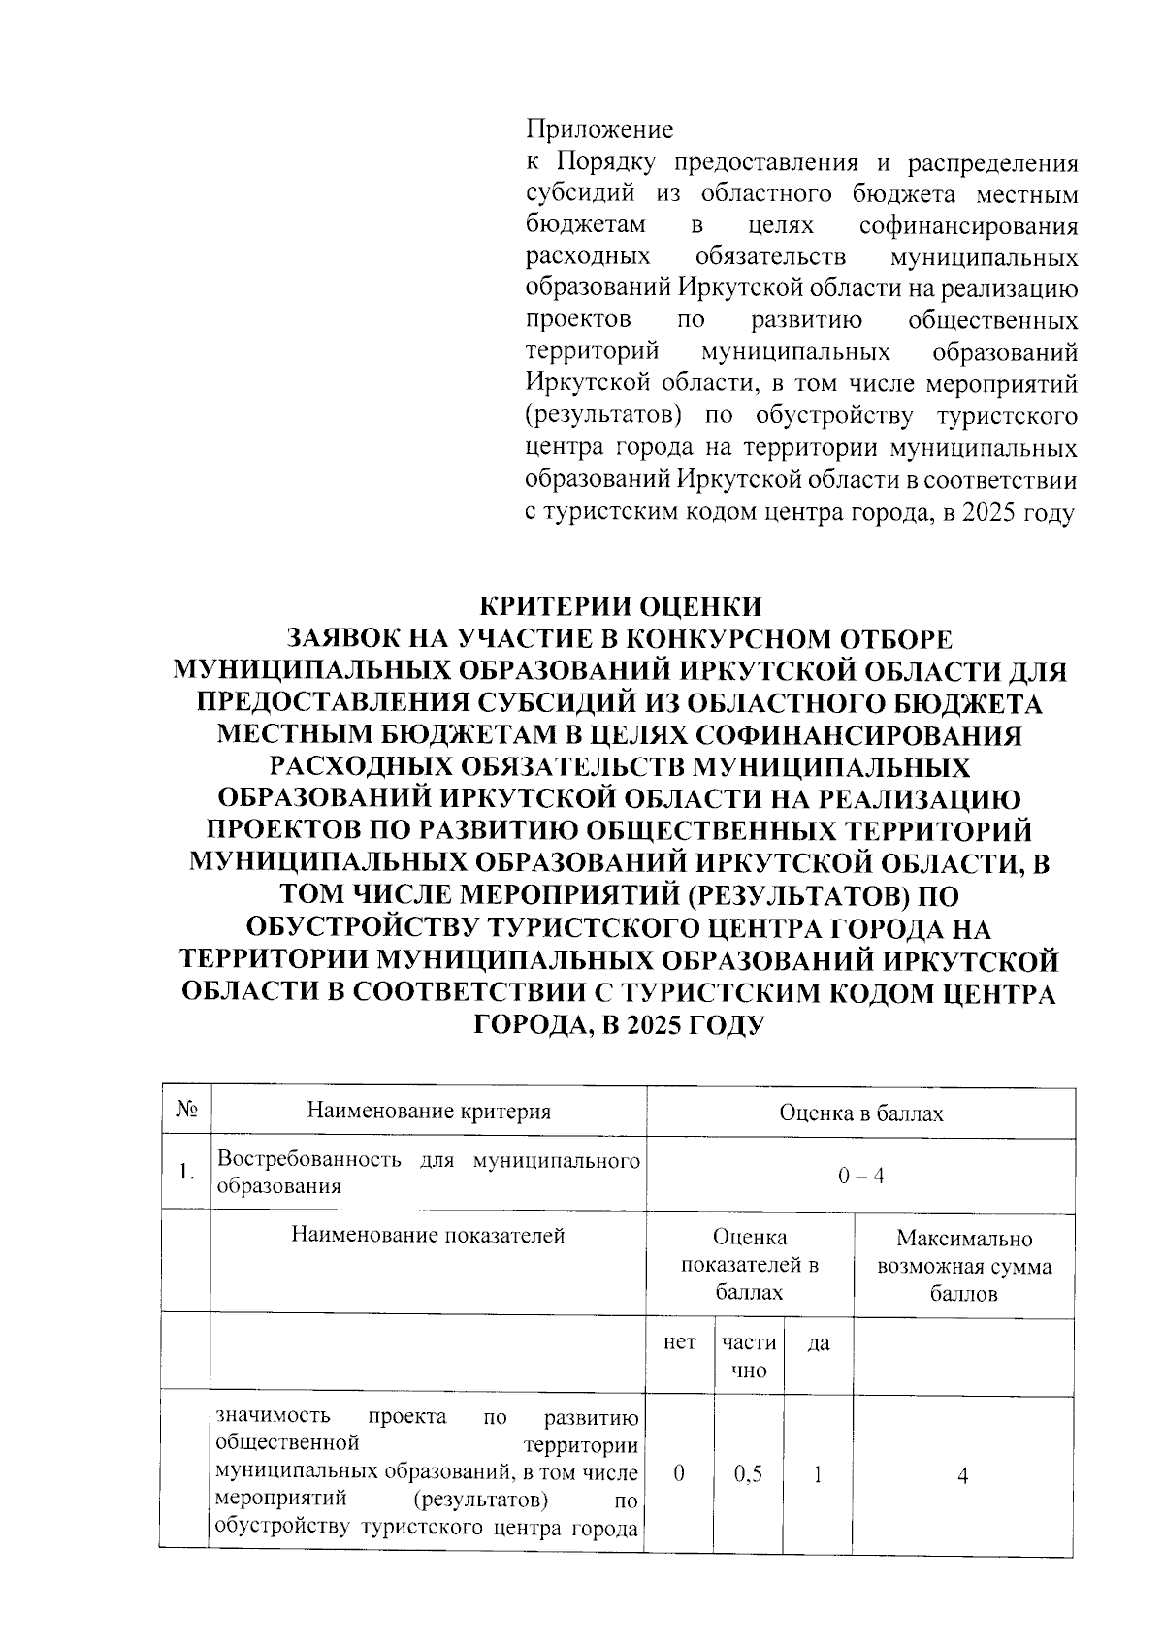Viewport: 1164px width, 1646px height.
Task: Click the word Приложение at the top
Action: click(x=598, y=129)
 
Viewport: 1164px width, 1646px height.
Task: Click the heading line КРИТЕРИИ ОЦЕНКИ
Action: click(x=621, y=606)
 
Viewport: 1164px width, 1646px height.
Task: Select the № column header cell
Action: click(x=186, y=1112)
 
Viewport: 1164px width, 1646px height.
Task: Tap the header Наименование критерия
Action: click(x=429, y=1112)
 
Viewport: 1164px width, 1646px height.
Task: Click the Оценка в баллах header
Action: click(x=860, y=1113)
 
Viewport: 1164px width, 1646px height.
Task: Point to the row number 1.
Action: click(x=186, y=1173)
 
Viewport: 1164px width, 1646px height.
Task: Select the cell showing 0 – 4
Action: click(x=860, y=1176)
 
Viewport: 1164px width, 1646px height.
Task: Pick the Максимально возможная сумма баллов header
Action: click(x=963, y=1266)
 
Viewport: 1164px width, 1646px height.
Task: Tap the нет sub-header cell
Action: click(x=679, y=1342)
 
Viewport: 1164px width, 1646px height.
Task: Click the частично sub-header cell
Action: click(x=749, y=1356)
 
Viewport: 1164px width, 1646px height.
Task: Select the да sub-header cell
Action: click(x=819, y=1343)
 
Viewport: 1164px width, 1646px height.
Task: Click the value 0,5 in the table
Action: click(x=748, y=1474)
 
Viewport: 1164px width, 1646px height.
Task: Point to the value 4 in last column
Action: click(x=962, y=1475)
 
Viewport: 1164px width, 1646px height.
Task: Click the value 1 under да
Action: click(x=818, y=1474)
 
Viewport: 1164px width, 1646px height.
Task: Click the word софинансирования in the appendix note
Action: click(x=968, y=226)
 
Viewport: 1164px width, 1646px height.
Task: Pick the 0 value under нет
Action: click(x=679, y=1474)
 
